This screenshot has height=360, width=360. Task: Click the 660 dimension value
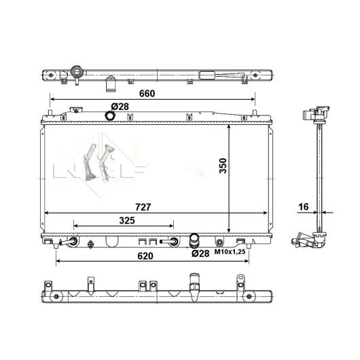(x=147, y=94)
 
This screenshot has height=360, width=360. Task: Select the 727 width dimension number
(x=143, y=207)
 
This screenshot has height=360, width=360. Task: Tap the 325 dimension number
(x=127, y=220)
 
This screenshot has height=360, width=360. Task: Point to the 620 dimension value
(x=145, y=256)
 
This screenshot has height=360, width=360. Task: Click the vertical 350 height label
(x=223, y=166)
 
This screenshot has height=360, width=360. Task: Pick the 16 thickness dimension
(x=304, y=207)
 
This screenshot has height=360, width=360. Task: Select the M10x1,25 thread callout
(x=230, y=252)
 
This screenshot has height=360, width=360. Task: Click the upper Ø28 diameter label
(x=120, y=107)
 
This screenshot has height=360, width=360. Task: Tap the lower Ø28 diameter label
(x=200, y=253)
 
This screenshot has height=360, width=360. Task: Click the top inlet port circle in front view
(x=109, y=115)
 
